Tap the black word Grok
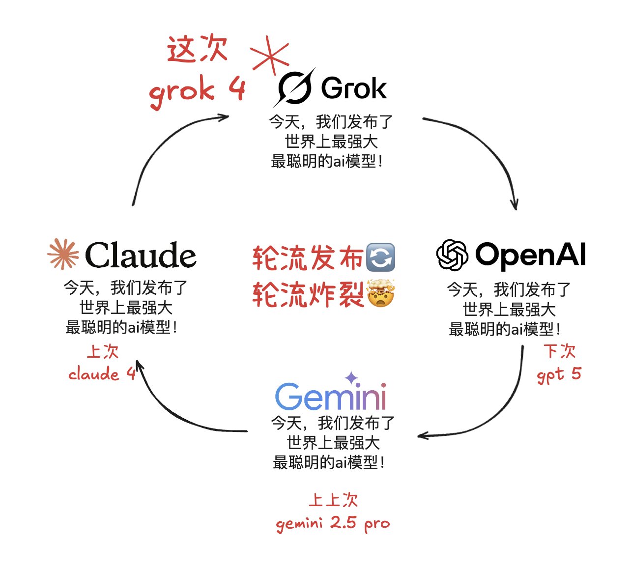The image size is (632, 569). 353,88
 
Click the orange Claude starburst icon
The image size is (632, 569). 63,254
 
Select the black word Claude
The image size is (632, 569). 141,255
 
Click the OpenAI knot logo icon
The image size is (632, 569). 452,255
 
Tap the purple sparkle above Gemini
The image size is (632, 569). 351,378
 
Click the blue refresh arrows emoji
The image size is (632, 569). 380,257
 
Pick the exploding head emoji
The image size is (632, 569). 381,293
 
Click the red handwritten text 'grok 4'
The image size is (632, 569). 197,90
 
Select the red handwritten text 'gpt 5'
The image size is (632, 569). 559,375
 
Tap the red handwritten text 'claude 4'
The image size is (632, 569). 102,374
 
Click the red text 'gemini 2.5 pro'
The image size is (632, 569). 333,524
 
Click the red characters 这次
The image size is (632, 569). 197,49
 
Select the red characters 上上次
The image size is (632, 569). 333,500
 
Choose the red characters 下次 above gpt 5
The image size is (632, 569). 560,351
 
